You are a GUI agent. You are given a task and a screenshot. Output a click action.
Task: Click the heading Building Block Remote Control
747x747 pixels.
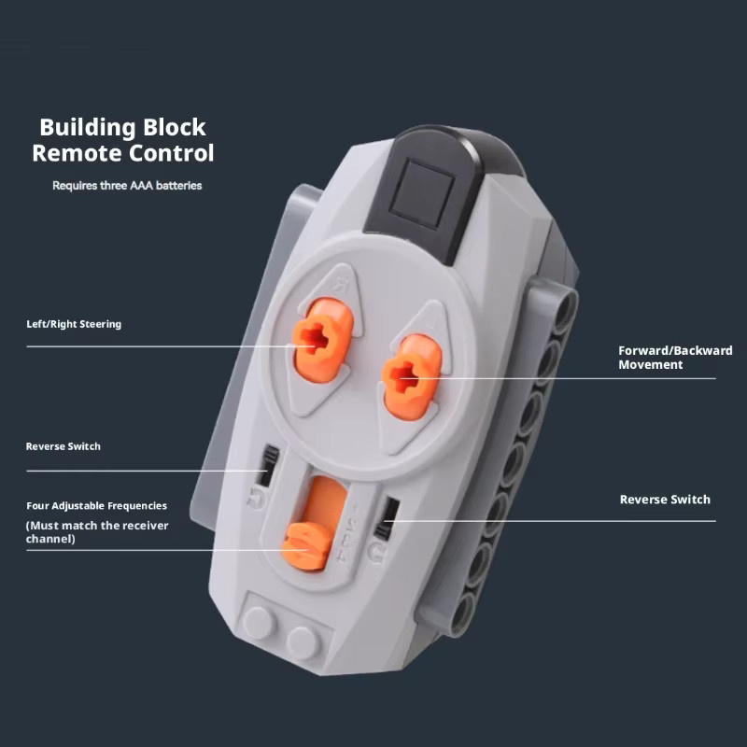tap(123, 140)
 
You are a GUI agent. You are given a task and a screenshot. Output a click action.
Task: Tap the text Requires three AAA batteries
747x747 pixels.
tap(127, 185)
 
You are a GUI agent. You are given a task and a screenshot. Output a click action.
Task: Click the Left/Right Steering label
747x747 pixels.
tap(74, 324)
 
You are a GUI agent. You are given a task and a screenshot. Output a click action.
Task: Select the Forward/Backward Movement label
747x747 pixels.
tap(675, 358)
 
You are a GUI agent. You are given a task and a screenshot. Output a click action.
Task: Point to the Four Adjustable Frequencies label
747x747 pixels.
tap(97, 505)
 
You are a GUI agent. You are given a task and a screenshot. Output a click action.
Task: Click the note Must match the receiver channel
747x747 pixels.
tap(97, 532)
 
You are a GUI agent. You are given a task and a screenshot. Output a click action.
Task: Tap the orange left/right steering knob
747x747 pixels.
tap(322, 339)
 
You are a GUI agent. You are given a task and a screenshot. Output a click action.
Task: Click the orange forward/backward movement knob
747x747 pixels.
tap(412, 376)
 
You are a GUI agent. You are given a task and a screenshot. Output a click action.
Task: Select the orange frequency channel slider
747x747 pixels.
tap(305, 545)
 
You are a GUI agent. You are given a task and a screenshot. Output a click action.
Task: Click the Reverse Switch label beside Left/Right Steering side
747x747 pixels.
tap(63, 446)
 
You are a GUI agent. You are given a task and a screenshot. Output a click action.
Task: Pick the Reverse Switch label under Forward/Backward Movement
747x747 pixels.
tap(665, 500)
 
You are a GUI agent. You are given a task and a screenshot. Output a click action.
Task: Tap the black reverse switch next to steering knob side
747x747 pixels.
tap(268, 465)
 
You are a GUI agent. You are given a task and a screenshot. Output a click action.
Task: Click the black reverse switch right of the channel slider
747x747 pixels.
tap(387, 518)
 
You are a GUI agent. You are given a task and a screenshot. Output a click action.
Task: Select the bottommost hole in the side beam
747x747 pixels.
tap(461, 613)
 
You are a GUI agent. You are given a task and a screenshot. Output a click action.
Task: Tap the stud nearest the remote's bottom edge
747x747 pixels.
tap(303, 642)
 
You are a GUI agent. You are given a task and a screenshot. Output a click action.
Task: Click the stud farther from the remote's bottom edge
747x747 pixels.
tap(260, 622)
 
